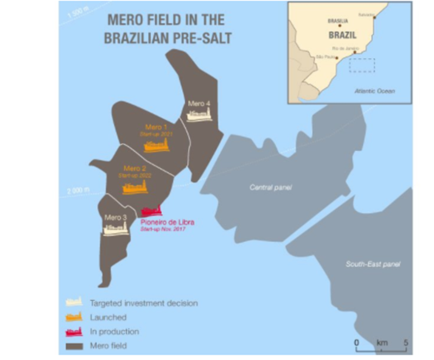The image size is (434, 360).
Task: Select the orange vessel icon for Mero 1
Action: (x=157, y=146)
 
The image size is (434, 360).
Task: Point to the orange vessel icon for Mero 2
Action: (x=135, y=188)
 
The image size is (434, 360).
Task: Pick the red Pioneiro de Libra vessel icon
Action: (x=150, y=211)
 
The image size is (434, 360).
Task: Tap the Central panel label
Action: (x=271, y=188)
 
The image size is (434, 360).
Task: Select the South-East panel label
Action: (x=373, y=264)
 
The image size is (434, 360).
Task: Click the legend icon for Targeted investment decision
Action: (x=73, y=303)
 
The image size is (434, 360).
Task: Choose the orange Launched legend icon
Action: (x=73, y=317)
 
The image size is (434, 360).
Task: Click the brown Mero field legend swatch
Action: (x=73, y=345)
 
